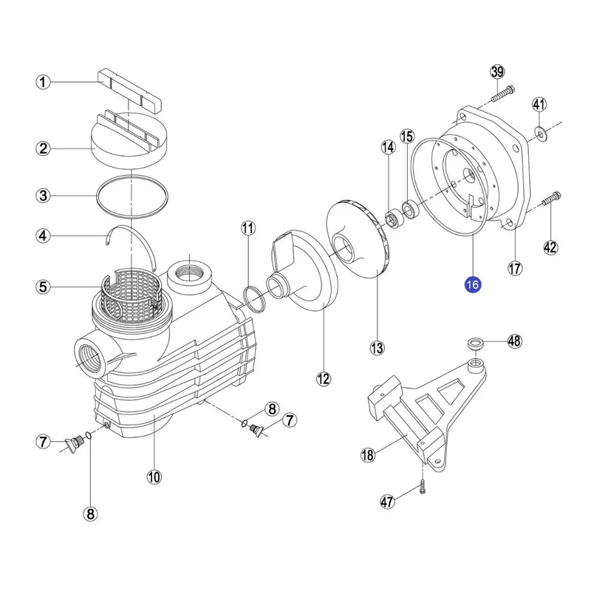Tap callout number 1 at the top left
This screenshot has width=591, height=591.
click(44, 83)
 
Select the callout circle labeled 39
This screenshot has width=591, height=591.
click(497, 72)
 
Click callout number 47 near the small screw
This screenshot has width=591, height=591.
click(387, 502)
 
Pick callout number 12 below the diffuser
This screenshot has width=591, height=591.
click(324, 379)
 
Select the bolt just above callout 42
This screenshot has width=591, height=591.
click(550, 200)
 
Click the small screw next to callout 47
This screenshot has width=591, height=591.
click(422, 486)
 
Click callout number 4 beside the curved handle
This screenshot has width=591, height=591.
click(44, 236)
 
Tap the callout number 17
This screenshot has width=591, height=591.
click(515, 268)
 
